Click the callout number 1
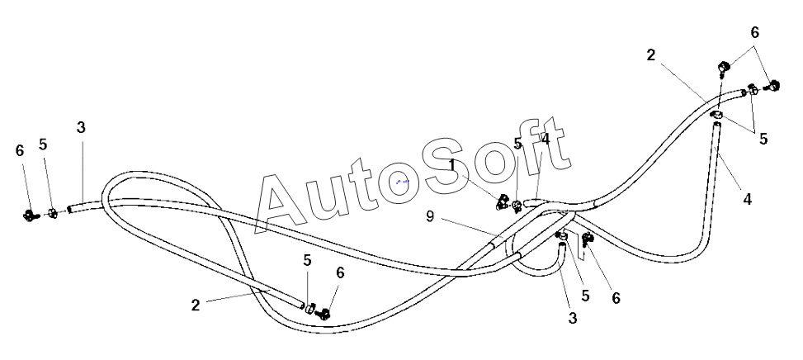pyautogui.click(x=452, y=164)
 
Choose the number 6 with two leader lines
pyautogui.click(x=754, y=33)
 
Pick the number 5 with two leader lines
pyautogui.click(x=763, y=139)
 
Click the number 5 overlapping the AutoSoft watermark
pyautogui.click(x=517, y=144)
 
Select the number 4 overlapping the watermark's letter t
pyautogui.click(x=546, y=140)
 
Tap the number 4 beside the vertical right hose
pyautogui.click(x=746, y=199)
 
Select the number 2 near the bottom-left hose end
pyautogui.click(x=196, y=305)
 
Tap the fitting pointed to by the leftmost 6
pyautogui.click(x=31, y=216)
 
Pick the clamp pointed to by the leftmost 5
pyautogui.click(x=52, y=214)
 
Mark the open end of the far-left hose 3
pyautogui.click(x=72, y=210)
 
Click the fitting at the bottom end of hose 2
pyautogui.click(x=323, y=313)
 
